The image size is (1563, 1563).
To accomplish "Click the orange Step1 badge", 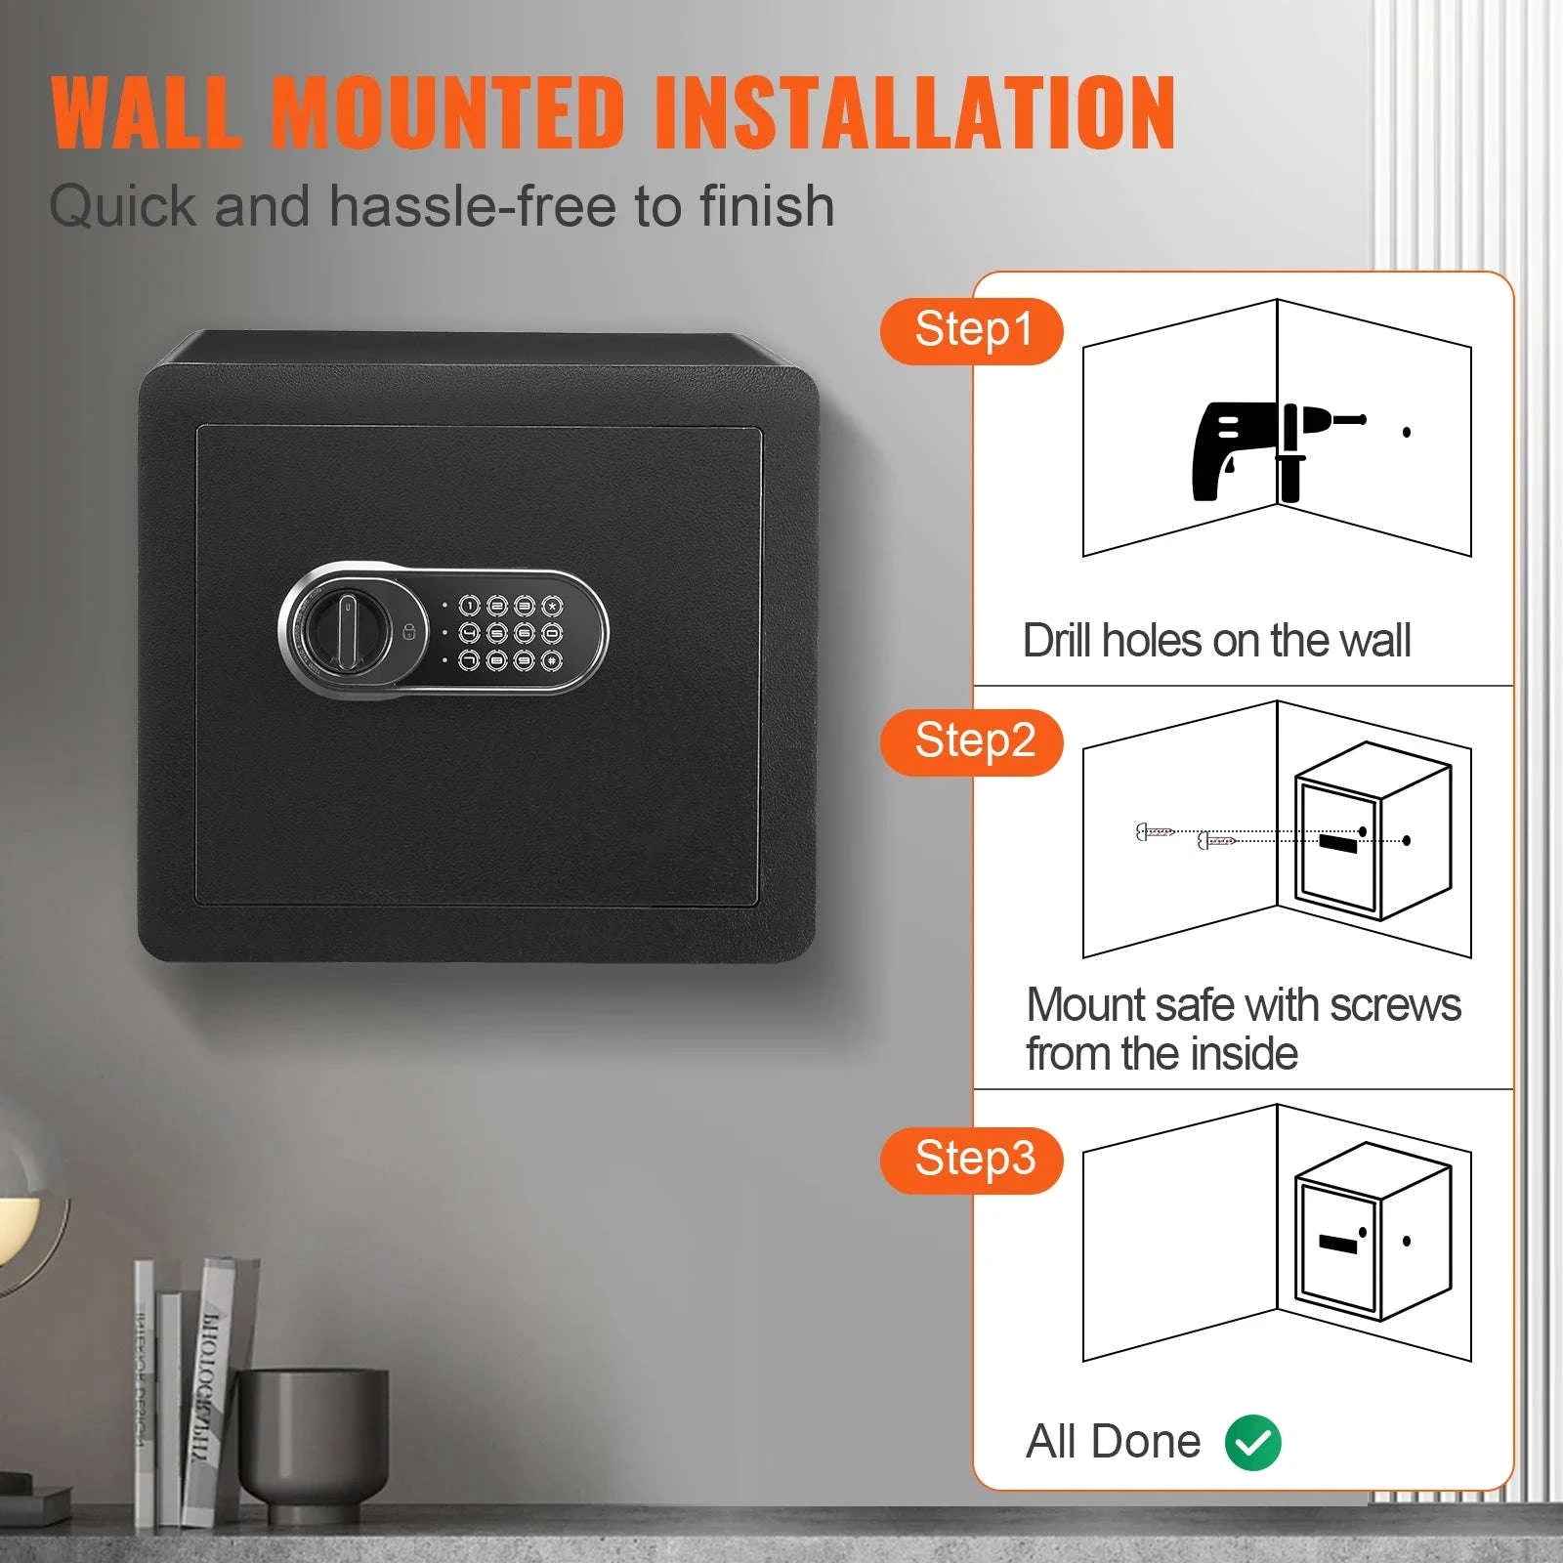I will click(972, 331).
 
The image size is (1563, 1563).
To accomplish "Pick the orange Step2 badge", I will click(973, 742).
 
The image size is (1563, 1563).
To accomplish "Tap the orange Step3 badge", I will click(973, 1161).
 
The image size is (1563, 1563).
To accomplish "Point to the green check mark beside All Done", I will click(1253, 1442).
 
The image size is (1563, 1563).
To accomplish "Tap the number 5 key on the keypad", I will click(497, 633).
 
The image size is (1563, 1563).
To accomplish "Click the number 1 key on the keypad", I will click(470, 607).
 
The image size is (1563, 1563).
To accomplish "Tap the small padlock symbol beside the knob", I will click(409, 631).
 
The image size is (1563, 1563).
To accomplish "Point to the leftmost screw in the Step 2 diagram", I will click(1154, 832).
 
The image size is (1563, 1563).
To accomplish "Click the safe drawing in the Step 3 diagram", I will click(1372, 1233).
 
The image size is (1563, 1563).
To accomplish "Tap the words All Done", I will click(1113, 1442).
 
